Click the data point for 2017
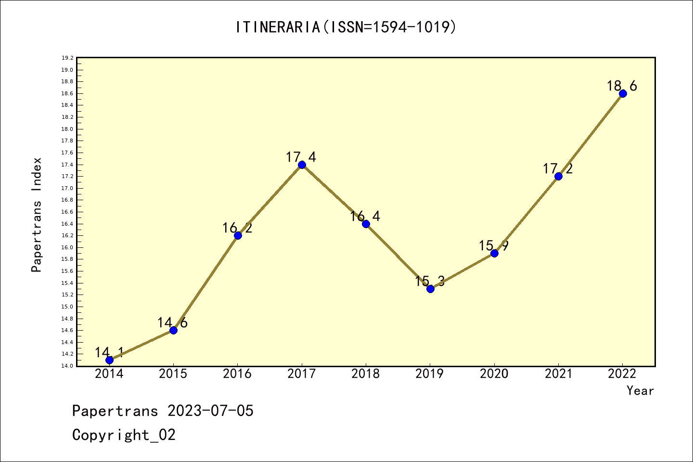[302, 165]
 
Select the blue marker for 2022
[623, 93]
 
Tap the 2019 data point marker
[430, 289]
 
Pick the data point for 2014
[109, 360]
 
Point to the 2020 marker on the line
[494, 253]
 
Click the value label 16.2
[237, 228]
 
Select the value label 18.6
[622, 86]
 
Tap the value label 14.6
[172, 323]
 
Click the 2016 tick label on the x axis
[237, 374]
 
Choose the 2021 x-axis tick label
[558, 374]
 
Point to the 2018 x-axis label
[366, 374]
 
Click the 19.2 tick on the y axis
[67, 58]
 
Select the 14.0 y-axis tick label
[67, 366]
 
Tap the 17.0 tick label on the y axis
[67, 188]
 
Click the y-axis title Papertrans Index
[37, 215]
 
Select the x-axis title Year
[640, 391]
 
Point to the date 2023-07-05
[210, 411]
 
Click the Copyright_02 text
[124, 435]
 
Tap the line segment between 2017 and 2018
[334, 194]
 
